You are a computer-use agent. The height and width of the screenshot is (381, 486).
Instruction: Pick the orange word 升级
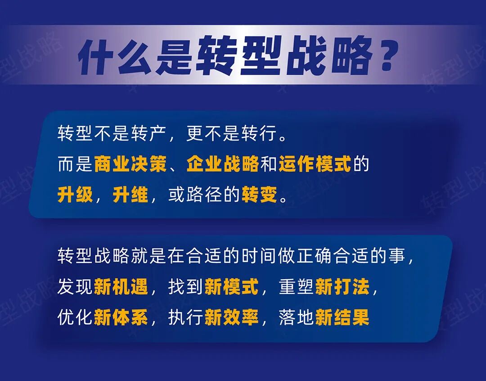(75, 195)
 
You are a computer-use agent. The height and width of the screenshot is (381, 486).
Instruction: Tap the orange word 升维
(130, 195)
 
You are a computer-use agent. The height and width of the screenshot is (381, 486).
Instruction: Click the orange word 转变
(260, 195)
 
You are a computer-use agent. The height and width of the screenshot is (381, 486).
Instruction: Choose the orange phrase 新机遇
(121, 287)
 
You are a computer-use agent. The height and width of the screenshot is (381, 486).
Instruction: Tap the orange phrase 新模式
(232, 287)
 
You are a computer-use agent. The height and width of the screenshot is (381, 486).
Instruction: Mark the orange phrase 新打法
(342, 287)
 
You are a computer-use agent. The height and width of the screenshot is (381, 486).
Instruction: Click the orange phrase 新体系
(121, 318)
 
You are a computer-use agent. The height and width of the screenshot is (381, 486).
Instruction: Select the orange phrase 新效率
(232, 318)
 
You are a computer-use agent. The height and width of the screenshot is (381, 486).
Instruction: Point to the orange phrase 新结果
(342, 318)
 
